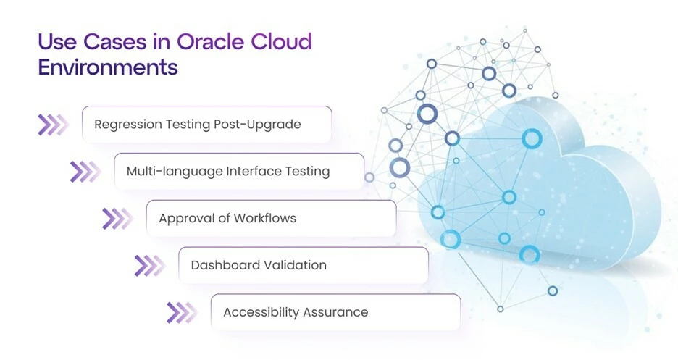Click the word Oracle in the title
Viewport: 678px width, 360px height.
(x=211, y=41)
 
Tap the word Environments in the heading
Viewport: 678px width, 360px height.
(x=108, y=67)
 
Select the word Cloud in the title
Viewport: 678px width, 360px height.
(x=281, y=41)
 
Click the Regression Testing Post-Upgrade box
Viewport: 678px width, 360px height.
(x=206, y=125)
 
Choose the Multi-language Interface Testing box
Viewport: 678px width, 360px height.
(x=239, y=171)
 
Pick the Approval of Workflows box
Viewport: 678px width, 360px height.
(x=271, y=218)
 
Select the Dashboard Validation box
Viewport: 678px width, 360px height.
(x=303, y=265)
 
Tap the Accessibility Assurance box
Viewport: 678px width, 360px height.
(x=335, y=312)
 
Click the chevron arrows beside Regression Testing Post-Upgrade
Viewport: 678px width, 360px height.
(x=53, y=125)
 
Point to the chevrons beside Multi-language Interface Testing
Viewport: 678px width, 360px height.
(x=85, y=172)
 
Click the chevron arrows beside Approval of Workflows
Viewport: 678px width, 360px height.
(x=117, y=219)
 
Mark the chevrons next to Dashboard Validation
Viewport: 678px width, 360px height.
(x=150, y=266)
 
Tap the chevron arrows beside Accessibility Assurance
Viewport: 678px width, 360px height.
(x=182, y=312)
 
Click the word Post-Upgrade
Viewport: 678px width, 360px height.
(x=257, y=125)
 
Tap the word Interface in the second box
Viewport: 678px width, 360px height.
(x=254, y=171)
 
